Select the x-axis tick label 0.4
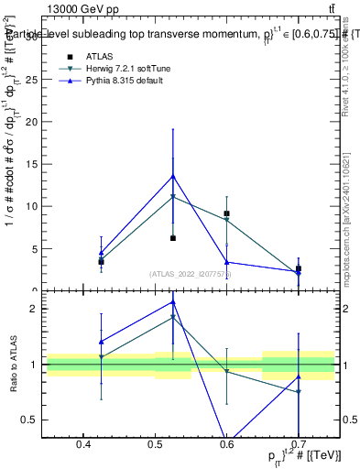(83, 445)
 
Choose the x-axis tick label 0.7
(298, 445)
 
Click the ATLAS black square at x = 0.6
(226, 213)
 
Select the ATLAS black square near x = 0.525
(172, 238)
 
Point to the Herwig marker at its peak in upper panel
(172, 196)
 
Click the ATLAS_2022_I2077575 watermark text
(190, 274)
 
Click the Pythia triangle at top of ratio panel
(172, 301)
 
